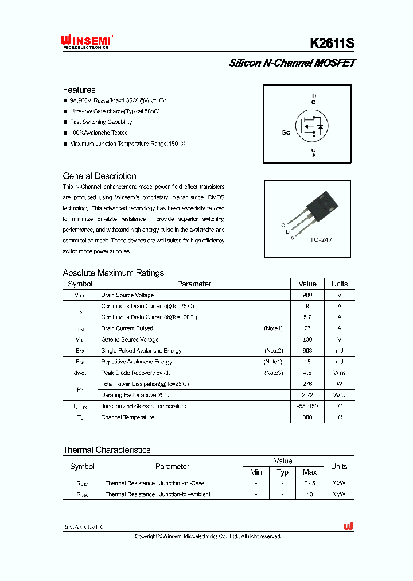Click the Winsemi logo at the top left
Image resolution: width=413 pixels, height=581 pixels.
click(x=86, y=41)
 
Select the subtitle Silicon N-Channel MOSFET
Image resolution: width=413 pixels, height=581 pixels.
click(x=292, y=63)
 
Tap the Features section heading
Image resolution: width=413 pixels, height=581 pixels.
click(x=79, y=90)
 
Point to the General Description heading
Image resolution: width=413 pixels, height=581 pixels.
click(x=99, y=176)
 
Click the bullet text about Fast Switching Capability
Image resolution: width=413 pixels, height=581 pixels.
click(x=101, y=122)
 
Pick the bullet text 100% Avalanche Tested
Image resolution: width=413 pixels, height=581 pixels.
click(x=99, y=133)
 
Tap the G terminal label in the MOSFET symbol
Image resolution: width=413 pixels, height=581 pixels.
click(x=283, y=133)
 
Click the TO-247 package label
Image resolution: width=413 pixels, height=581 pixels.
click(x=321, y=239)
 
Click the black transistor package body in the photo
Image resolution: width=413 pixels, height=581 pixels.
click(x=321, y=207)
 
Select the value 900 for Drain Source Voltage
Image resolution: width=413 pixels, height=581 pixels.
click(x=307, y=295)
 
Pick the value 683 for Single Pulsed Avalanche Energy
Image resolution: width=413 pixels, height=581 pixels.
click(x=307, y=351)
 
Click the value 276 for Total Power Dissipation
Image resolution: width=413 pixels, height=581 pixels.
click(x=307, y=384)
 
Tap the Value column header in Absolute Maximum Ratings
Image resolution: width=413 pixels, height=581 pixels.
click(x=307, y=284)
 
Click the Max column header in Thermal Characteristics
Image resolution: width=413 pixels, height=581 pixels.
click(x=310, y=472)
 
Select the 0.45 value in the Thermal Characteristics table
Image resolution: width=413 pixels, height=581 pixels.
click(x=310, y=483)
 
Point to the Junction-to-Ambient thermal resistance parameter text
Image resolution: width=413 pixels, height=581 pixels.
click(x=158, y=494)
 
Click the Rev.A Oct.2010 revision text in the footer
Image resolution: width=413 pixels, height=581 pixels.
click(x=83, y=527)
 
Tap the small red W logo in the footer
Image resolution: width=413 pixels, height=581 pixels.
click(x=348, y=526)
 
